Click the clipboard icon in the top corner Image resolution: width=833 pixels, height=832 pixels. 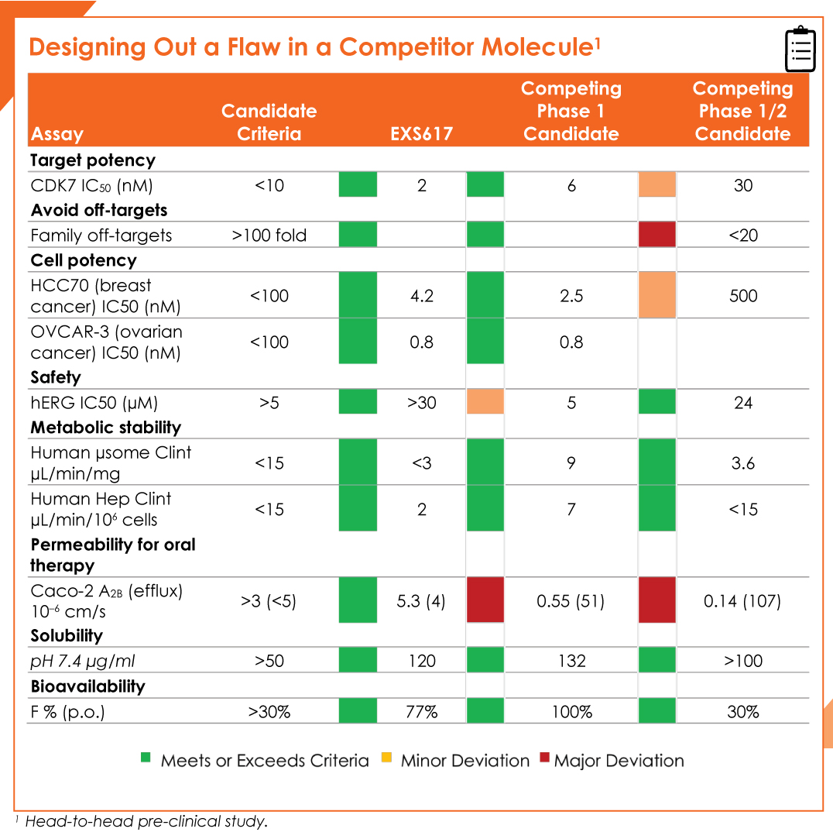800,49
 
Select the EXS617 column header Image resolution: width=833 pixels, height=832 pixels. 421,133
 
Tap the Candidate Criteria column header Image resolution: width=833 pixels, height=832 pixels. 269,122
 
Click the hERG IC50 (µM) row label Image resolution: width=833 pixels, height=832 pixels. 94,403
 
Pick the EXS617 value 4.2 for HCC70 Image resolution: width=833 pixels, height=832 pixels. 422,296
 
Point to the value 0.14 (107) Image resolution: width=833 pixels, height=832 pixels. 742,600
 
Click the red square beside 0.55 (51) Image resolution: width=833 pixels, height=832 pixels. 485,600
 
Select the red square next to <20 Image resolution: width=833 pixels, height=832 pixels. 656,235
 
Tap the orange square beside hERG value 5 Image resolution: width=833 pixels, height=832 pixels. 485,401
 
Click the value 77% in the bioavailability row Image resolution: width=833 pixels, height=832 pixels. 421,711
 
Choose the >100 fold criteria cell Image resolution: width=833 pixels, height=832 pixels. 269,235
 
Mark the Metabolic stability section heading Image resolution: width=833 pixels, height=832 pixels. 106,427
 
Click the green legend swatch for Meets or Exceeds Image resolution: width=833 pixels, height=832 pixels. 146,758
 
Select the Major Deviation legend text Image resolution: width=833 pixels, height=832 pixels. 619,761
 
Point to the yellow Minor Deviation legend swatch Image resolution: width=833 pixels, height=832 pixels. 387,758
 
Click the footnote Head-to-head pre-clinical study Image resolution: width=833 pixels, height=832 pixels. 146,821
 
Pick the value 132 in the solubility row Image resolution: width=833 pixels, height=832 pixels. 571,661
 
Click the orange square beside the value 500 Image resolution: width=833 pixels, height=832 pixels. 656,295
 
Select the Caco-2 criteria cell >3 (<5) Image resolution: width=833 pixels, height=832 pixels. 269,600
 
